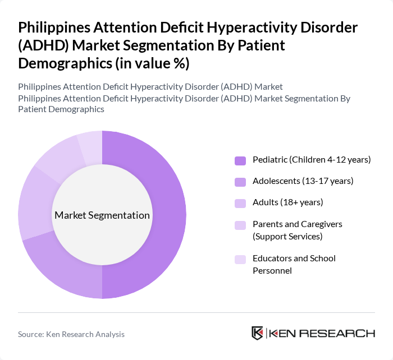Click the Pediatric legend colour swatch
[x=240, y=160]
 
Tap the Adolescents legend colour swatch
[x=240, y=181]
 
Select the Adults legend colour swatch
[x=240, y=202]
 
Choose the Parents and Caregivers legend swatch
[x=240, y=224]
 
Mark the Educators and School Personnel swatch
[x=240, y=259]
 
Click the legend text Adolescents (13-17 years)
[x=303, y=181]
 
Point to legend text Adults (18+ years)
[x=287, y=202]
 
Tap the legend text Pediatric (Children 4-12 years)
[x=312, y=160]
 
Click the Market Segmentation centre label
[x=102, y=215]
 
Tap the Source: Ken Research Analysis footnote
[x=71, y=334]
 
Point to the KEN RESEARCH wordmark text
[x=322, y=333]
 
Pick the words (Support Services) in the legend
[x=287, y=236]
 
